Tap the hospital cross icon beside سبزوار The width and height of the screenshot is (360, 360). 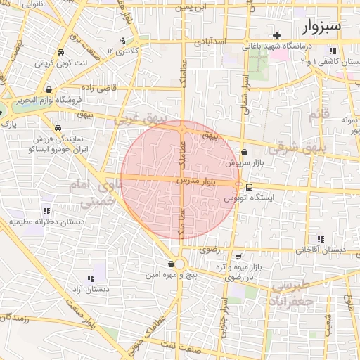[x=277, y=35]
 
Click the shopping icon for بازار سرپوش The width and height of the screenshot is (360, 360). [x=244, y=152]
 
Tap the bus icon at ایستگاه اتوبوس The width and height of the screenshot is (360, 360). [x=250, y=186]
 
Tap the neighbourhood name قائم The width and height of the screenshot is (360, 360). [x=319, y=115]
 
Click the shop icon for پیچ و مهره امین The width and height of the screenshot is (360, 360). [x=171, y=264]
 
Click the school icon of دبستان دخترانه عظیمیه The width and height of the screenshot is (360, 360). [x=46, y=210]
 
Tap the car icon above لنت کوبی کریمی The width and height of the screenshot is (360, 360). [x=60, y=53]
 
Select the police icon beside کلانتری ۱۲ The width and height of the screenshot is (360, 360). [x=122, y=40]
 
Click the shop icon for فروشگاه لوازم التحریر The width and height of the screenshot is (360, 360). [x=48, y=89]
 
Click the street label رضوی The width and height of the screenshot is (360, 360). [x=210, y=249]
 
